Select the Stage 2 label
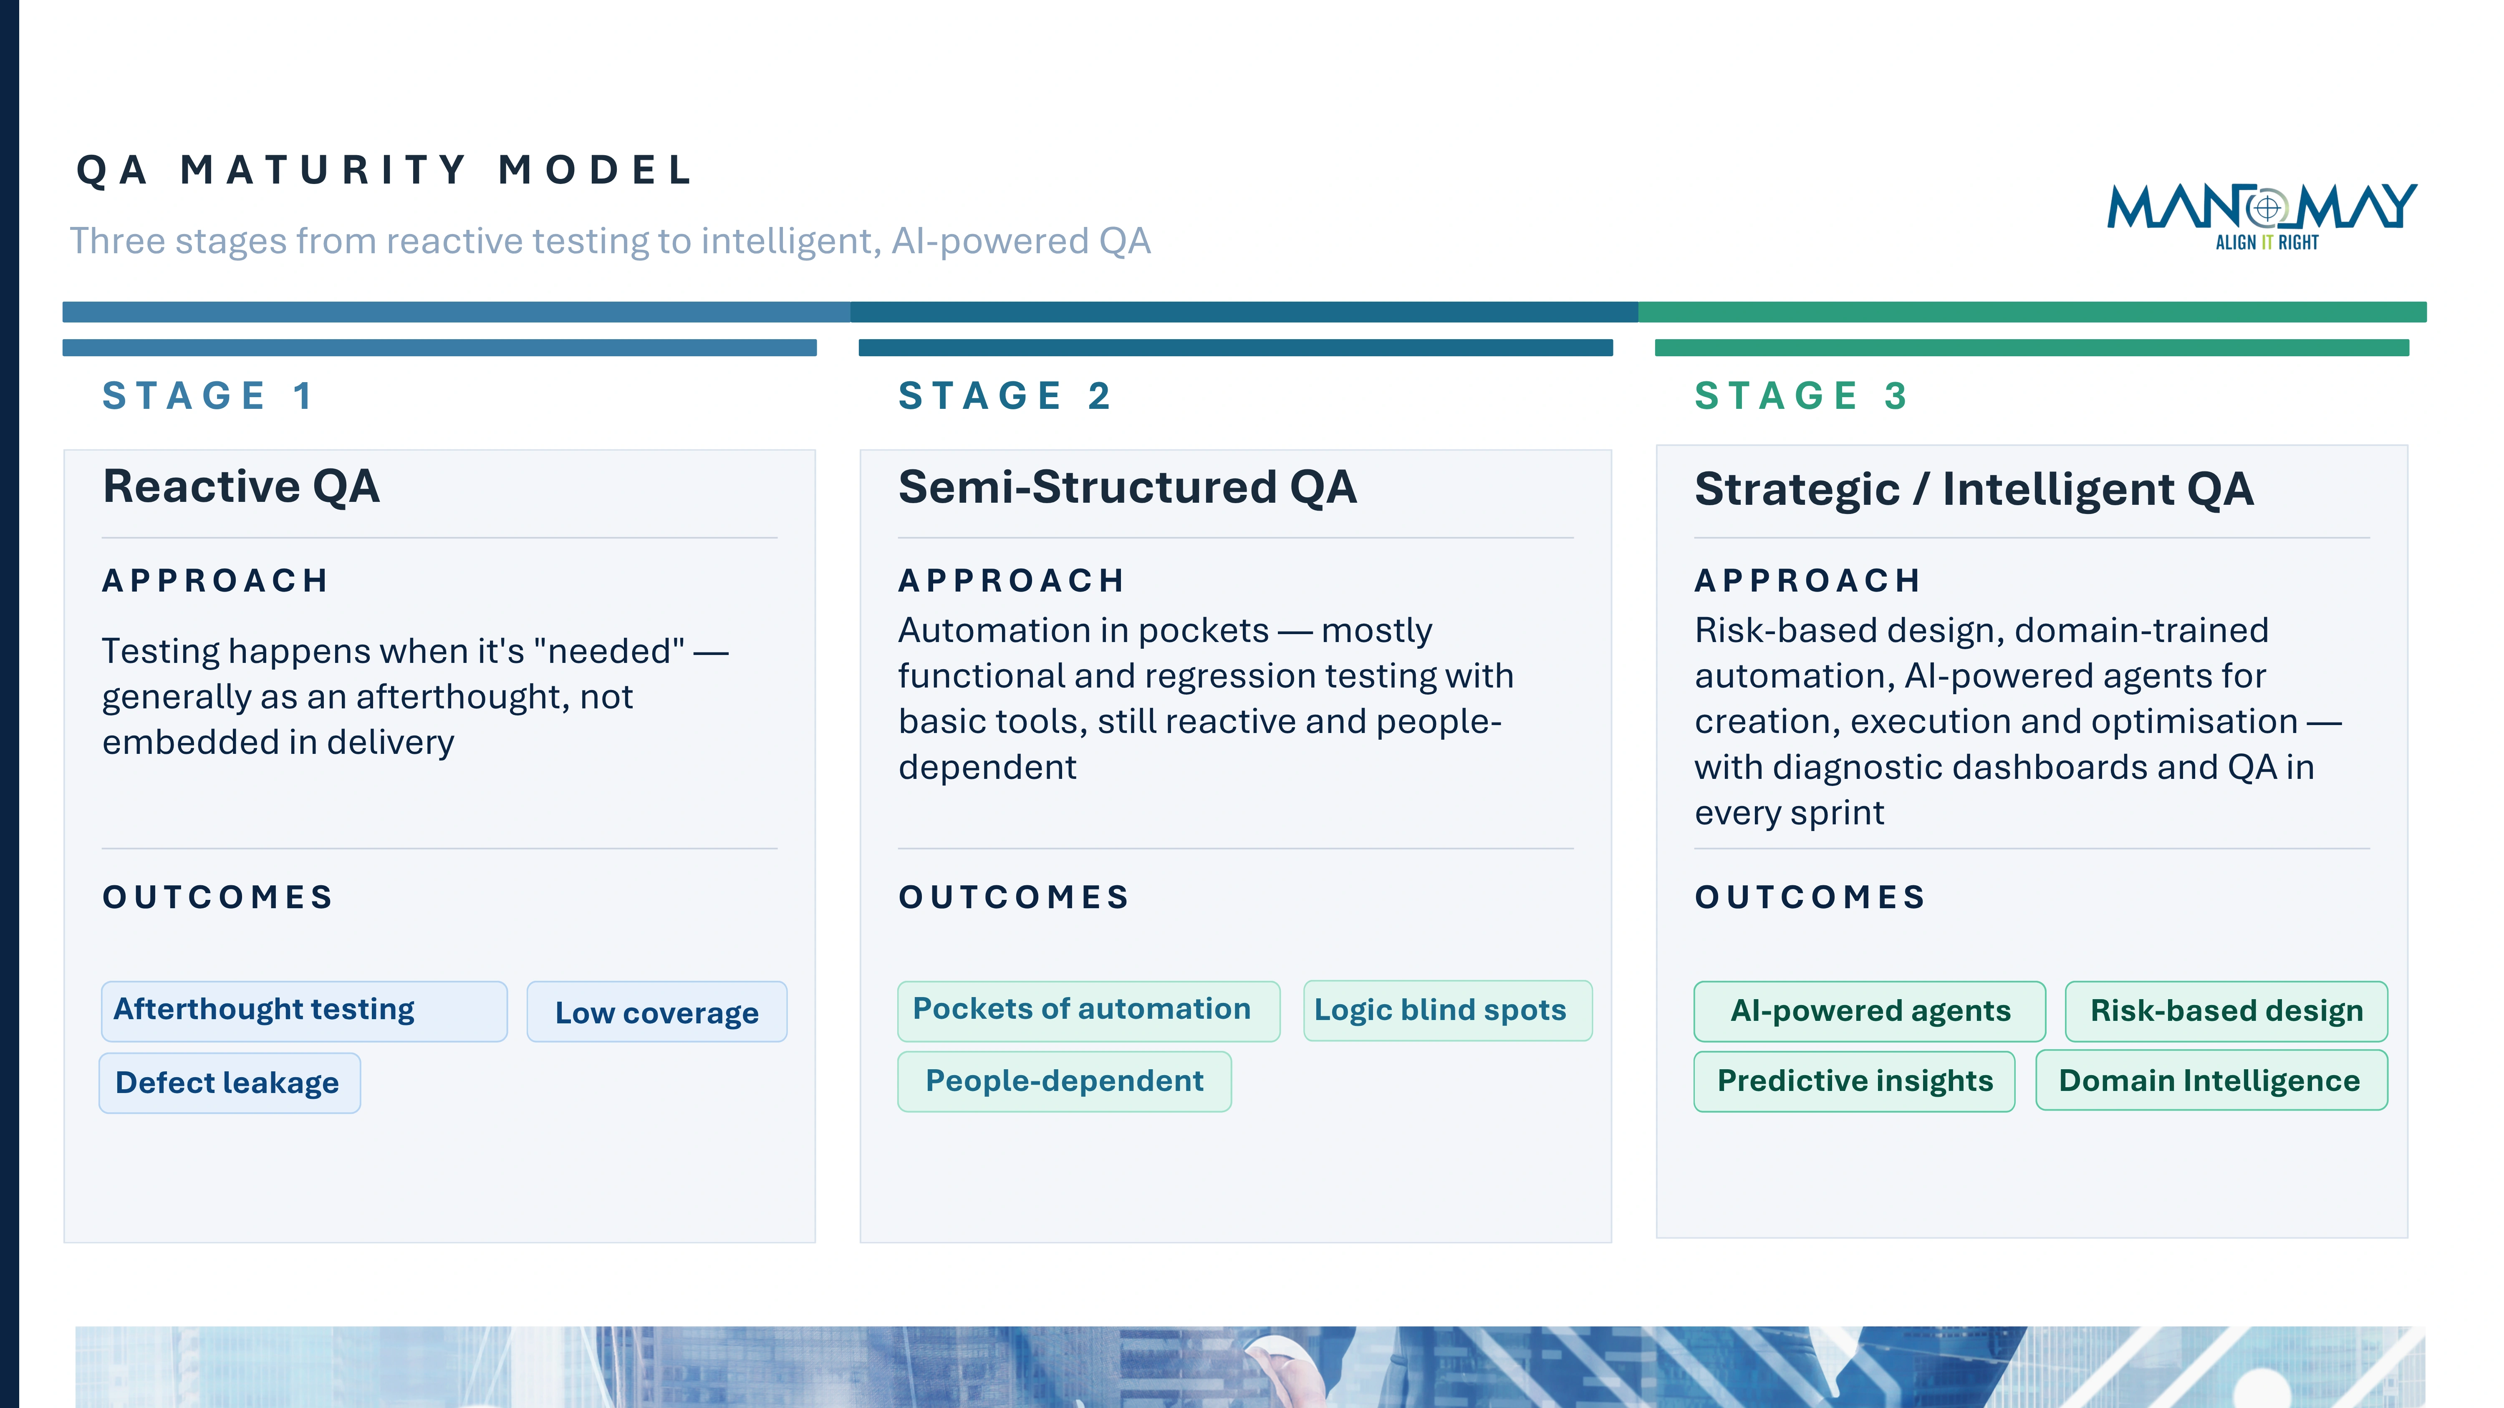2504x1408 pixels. pyautogui.click(x=1004, y=395)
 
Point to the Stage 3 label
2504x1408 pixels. pyautogui.click(x=1800, y=395)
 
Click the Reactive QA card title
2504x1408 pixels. pyautogui.click(x=241, y=486)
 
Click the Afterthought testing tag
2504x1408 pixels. pyautogui.click(x=303, y=1010)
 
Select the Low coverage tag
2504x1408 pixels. pyautogui.click(x=656, y=1012)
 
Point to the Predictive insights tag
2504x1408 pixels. pyautogui.click(x=1854, y=1081)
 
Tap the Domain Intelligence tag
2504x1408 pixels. pyautogui.click(x=2211, y=1081)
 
